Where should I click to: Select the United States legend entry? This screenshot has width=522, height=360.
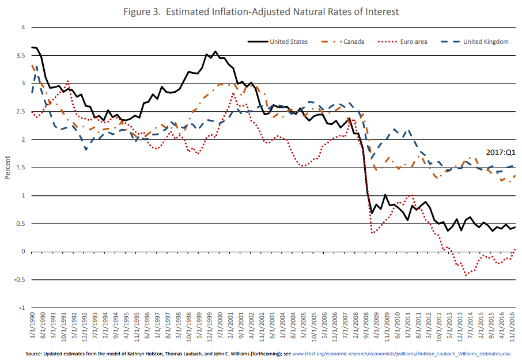(x=288, y=41)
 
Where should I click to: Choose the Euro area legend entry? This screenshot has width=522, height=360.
(x=413, y=41)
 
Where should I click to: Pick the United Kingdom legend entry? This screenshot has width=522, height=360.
(x=486, y=41)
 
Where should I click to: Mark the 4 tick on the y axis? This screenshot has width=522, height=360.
(x=23, y=28)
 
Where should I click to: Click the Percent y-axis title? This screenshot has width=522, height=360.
(x=7, y=168)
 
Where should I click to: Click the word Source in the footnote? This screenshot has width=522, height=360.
(x=35, y=353)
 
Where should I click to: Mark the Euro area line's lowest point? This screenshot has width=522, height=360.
(x=466, y=275)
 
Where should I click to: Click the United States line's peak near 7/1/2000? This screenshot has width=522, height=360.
(x=215, y=51)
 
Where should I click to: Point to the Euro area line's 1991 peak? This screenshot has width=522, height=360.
(x=68, y=81)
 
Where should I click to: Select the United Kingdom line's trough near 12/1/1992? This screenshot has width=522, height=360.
(x=86, y=149)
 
